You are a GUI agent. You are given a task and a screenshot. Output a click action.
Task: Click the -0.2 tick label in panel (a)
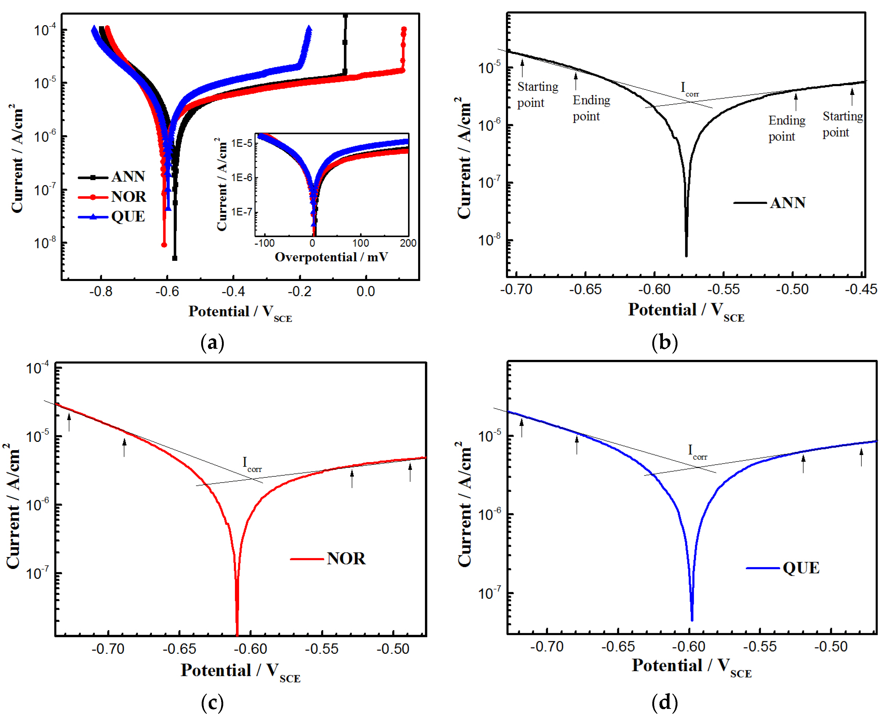point(299,292)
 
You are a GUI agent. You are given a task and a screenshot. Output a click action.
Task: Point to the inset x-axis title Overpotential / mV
point(331,257)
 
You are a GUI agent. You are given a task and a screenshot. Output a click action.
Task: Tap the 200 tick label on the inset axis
point(408,243)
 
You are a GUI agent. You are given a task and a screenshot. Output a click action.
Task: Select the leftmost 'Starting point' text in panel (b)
point(537,94)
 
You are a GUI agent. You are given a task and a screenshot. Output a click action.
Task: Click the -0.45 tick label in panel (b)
point(861,289)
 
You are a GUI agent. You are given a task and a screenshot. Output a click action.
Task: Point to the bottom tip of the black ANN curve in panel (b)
point(686,256)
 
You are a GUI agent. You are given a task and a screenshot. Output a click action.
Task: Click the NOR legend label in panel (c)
point(346,559)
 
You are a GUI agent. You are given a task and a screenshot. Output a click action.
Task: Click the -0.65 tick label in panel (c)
point(179,649)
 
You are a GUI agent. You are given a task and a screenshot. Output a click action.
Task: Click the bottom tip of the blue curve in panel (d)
point(692,620)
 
